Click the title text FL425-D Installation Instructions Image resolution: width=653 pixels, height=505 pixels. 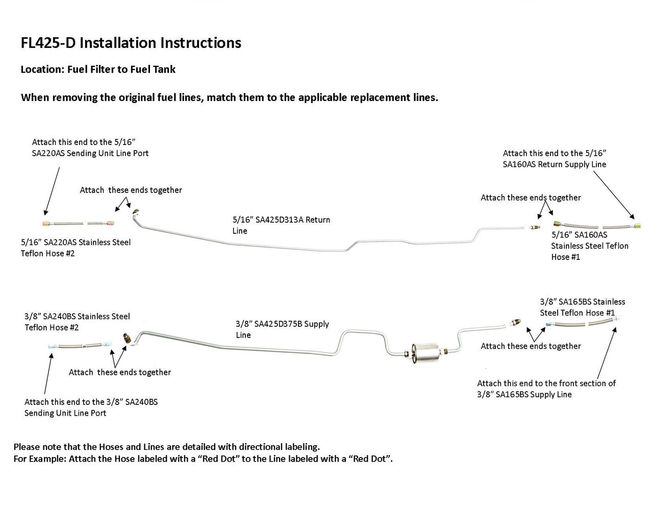[131, 43]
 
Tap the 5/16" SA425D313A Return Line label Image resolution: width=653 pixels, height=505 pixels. [281, 225]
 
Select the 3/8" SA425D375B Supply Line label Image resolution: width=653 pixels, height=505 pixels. [282, 329]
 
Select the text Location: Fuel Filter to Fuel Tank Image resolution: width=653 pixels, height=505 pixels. [98, 69]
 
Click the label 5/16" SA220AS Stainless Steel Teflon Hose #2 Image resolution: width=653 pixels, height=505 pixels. [76, 248]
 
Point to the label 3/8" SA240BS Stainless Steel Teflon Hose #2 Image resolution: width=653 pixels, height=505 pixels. [77, 322]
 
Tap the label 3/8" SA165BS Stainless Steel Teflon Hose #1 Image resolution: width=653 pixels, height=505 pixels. [582, 307]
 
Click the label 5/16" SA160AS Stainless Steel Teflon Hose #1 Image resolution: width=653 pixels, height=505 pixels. [590, 246]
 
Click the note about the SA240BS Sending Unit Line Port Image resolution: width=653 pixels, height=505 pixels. [91, 407]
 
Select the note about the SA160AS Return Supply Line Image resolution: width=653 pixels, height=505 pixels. [555, 159]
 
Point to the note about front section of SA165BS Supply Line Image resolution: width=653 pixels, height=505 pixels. [546, 389]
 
